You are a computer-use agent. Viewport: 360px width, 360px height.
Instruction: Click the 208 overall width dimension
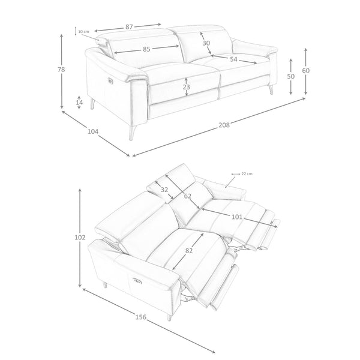coord(224,125)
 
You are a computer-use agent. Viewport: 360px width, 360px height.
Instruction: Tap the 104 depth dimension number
coord(93,131)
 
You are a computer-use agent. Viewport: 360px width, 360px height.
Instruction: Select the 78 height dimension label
coord(61,70)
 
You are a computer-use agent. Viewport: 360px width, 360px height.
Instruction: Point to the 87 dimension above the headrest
coord(129,27)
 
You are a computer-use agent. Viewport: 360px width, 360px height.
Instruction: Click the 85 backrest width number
coord(146,49)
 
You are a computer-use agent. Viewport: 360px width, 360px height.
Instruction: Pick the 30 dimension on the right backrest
coord(206,43)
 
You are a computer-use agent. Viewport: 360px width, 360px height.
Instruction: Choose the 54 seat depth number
coord(233,59)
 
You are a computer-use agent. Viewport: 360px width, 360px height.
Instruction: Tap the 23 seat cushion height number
coord(187,87)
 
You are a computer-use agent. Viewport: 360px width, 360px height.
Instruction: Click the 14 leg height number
coord(79,103)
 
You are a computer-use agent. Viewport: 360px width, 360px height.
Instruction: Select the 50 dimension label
coord(290,76)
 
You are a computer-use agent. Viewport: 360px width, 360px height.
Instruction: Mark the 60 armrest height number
coord(305,70)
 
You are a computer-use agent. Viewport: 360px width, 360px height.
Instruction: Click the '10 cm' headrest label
coord(83,31)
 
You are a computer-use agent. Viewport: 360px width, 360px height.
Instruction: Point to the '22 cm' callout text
coord(247,174)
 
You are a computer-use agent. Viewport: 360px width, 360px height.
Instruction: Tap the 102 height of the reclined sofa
coord(80,238)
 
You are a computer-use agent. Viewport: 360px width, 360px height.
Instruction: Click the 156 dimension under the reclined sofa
coord(141,317)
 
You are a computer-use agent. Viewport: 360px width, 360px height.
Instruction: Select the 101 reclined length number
coord(237,217)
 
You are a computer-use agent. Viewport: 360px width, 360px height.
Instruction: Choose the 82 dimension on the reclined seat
coord(189,251)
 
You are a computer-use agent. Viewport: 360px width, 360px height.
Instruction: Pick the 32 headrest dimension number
coord(164,190)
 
